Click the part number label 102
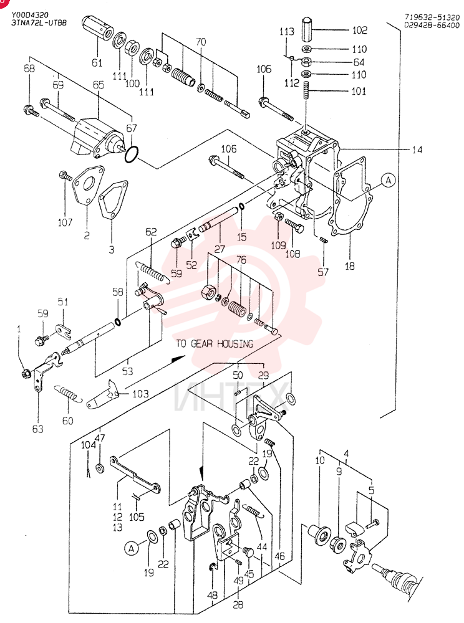pos(359,30)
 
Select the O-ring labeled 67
pos(132,154)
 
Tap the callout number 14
pos(417,150)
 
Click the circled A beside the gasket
pos(388,180)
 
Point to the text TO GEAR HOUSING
pos(215,344)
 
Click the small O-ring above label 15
pos(241,206)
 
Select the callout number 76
pos(241,260)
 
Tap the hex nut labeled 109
pos(279,217)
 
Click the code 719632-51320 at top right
pos(432,17)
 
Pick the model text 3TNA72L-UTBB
pos(39,22)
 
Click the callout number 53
pos(128,371)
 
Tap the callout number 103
pos(140,394)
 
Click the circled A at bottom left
pos(131,549)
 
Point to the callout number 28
pos(238,605)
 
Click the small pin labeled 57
pos(324,240)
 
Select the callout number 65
pos(98,85)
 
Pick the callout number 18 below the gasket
pos(349,266)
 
